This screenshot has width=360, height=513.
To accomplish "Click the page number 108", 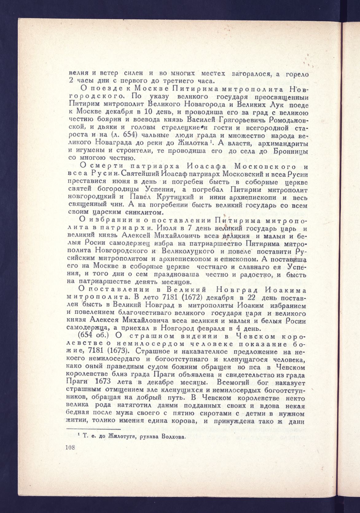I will point(71,447).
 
